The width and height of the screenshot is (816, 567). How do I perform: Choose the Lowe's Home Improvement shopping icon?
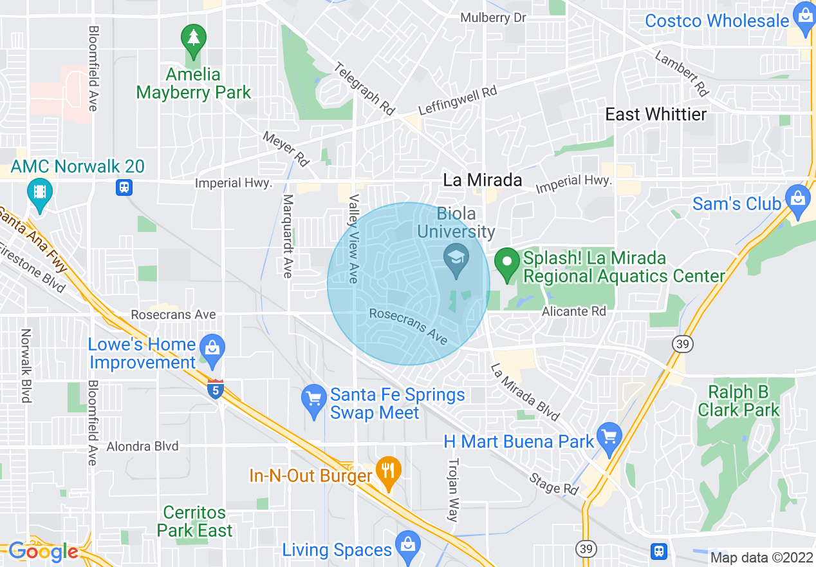point(212,348)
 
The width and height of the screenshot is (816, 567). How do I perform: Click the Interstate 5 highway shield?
point(216,389)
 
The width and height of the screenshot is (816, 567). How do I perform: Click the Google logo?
point(43,552)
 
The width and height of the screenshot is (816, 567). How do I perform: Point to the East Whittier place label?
point(656,115)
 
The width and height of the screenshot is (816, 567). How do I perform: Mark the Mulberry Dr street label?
point(493,17)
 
